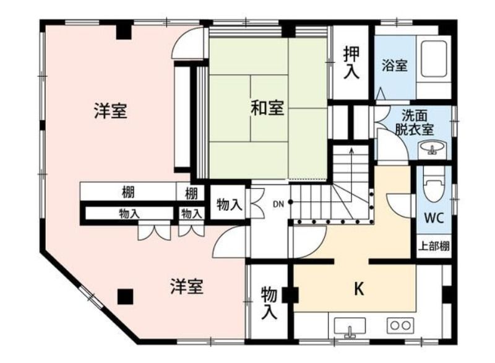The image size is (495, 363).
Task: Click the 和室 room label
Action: [267, 107]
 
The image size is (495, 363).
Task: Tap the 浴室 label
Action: [394, 65]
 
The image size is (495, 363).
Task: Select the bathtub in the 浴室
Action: [434, 59]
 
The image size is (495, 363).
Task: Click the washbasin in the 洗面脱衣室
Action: [431, 148]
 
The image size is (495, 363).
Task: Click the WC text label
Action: [434, 217]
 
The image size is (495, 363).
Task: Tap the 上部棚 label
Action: [434, 245]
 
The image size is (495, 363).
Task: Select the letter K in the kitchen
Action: [359, 289]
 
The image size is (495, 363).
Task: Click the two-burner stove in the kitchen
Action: [400, 325]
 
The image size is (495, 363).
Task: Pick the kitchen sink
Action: [350, 328]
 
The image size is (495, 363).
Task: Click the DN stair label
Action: [278, 204]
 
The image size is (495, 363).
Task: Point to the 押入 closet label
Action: [351, 63]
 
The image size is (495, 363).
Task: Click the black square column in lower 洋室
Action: [126, 297]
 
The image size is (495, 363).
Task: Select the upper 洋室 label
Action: [111, 111]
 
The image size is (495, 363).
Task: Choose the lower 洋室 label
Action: [187, 286]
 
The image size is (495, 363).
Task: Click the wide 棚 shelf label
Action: [128, 193]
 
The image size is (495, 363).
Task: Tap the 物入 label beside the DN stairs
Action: [230, 205]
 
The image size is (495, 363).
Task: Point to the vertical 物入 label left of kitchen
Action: [269, 303]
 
